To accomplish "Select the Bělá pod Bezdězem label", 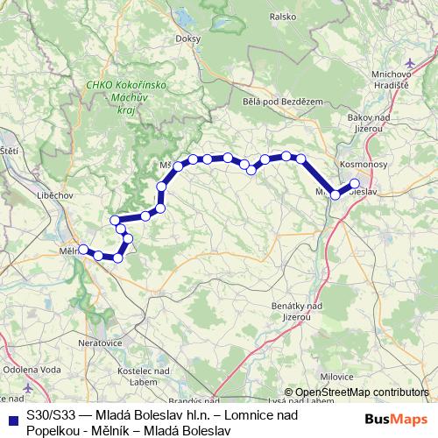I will click(x=277, y=102).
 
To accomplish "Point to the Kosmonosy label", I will click(x=359, y=164).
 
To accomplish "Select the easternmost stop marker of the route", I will click(x=355, y=183).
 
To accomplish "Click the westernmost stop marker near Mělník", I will click(x=83, y=249).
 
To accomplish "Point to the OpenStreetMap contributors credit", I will click(x=356, y=392).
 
